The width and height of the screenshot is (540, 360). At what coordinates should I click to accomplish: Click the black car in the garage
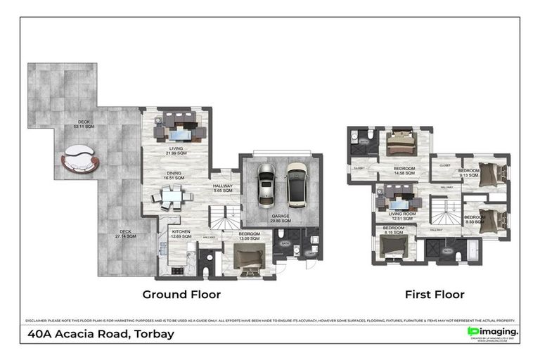[x=296, y=184]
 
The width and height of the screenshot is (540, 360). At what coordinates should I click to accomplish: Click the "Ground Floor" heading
[x=181, y=294]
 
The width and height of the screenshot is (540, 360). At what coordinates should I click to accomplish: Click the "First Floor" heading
[x=434, y=294]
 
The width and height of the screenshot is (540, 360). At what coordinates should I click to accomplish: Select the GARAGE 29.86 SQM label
[x=281, y=218]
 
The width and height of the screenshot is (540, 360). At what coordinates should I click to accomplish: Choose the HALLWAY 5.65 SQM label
[x=227, y=188]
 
